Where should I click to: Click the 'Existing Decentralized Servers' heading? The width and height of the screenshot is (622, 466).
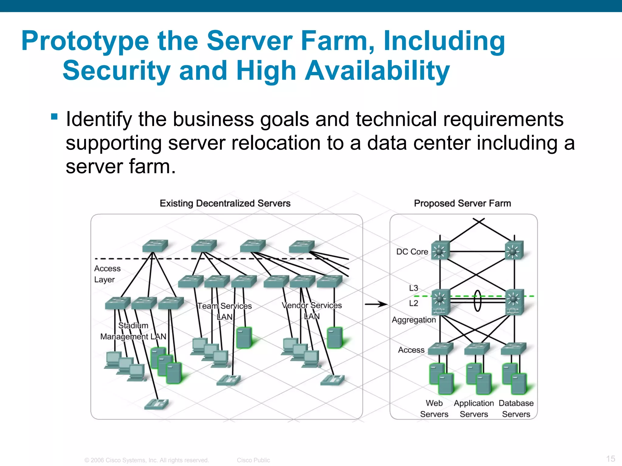[225, 203]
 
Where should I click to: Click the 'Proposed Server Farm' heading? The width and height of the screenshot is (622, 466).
[462, 203]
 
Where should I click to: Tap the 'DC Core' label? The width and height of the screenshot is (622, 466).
[412, 252]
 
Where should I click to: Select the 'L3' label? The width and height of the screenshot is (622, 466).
[413, 288]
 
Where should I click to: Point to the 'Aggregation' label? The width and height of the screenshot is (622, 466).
[414, 320]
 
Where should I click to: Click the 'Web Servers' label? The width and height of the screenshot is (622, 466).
[434, 409]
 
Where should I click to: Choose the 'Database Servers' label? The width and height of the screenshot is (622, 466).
[516, 409]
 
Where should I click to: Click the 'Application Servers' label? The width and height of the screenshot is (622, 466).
[474, 409]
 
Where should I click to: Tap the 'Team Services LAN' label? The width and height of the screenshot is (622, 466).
[224, 311]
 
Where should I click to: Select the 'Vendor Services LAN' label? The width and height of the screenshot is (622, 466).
[312, 311]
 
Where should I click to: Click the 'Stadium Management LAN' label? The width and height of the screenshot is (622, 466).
[133, 331]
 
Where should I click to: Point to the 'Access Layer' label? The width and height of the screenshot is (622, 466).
[107, 274]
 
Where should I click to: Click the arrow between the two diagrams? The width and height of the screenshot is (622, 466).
[376, 304]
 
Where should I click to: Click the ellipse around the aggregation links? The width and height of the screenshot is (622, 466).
[477, 300]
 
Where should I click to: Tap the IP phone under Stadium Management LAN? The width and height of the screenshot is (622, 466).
[156, 404]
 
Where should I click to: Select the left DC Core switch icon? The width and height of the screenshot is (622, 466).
[440, 251]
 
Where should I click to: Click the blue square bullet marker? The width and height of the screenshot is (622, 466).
[54, 116]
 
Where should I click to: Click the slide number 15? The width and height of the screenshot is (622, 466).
[610, 458]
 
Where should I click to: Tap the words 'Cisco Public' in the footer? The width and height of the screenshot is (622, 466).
[253, 460]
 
